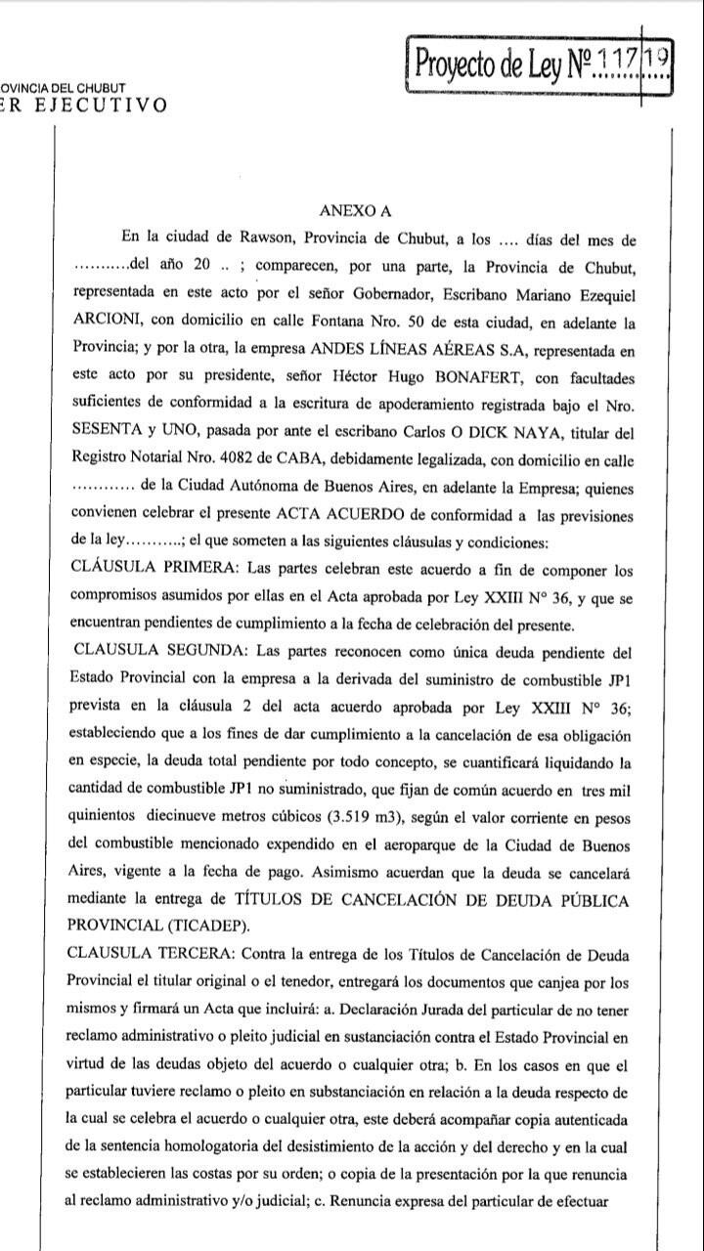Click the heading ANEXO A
pyautogui.click(x=355, y=209)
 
